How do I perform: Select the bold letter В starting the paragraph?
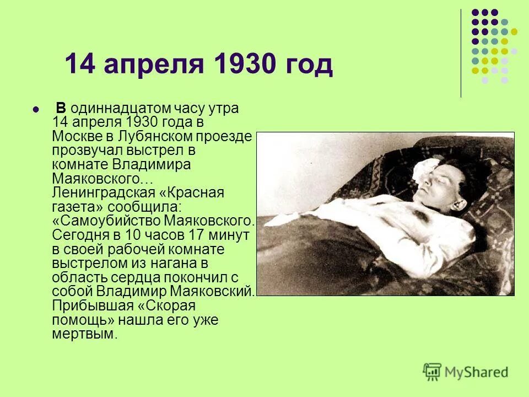61,108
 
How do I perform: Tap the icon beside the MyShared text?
433,372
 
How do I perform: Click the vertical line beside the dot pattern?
461,52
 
